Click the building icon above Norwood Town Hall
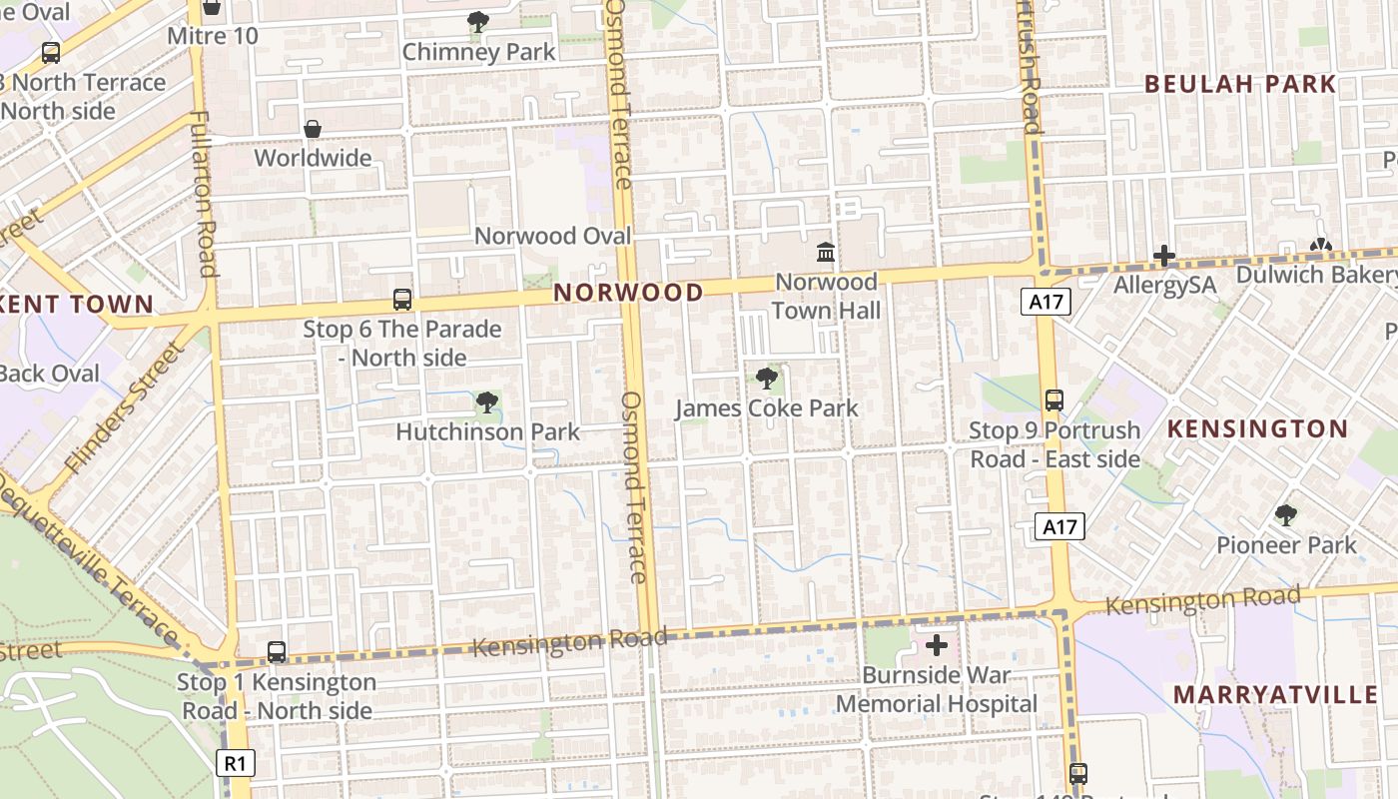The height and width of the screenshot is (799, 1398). (826, 252)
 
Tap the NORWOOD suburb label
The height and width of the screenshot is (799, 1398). (628, 293)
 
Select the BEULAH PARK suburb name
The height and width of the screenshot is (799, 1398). (1240, 84)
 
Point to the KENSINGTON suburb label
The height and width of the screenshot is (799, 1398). (1257, 429)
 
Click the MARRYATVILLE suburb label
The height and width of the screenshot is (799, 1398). (1274, 695)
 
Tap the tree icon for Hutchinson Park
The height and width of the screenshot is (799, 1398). (486, 402)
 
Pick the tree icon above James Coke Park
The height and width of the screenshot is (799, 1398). (766, 379)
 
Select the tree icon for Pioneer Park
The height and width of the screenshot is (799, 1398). (1286, 515)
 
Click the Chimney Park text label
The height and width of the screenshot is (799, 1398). (478, 52)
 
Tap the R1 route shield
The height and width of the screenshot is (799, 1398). (236, 764)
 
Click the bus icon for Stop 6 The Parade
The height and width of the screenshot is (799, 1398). (402, 299)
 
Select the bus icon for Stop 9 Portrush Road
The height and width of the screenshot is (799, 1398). (1053, 400)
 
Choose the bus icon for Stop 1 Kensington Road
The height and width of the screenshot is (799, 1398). (277, 652)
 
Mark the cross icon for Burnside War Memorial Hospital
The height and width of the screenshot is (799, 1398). (937, 646)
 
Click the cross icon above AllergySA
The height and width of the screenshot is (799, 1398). (1164, 256)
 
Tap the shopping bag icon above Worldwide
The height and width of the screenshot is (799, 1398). (313, 129)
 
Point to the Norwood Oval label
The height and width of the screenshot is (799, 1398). (552, 236)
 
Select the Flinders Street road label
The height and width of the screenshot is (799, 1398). (125, 407)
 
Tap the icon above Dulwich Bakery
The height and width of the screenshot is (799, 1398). (1320, 245)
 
